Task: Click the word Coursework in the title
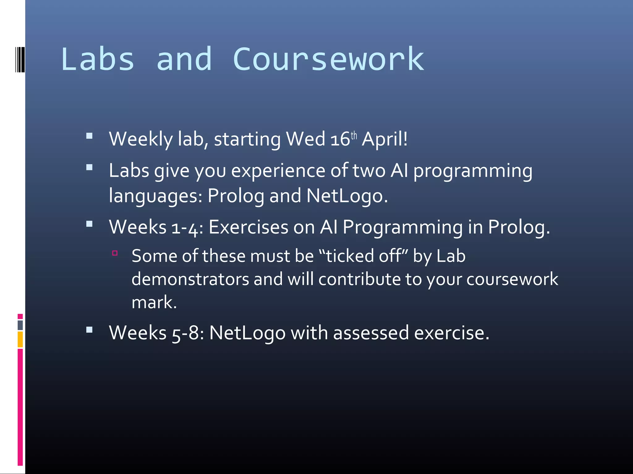click(328, 59)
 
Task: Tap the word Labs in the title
click(98, 59)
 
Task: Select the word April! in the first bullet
click(384, 139)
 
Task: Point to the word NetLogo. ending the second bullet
click(347, 196)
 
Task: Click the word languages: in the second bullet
click(155, 196)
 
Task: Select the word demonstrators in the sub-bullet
click(190, 279)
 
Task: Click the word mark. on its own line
click(154, 302)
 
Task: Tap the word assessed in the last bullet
click(371, 333)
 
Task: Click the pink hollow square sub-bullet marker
click(115, 253)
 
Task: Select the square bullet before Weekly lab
click(89, 136)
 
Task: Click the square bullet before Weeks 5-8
click(89, 330)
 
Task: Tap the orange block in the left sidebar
click(20, 339)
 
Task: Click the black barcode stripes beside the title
click(20, 60)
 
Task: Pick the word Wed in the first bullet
click(305, 139)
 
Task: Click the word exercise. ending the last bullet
click(451, 333)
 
